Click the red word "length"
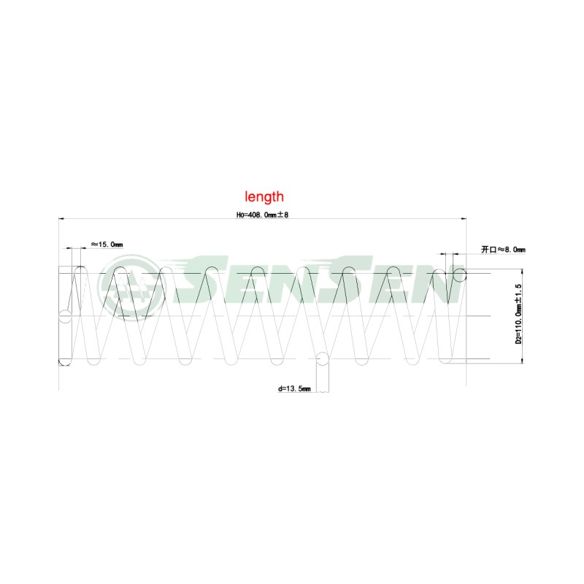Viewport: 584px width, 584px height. (264, 196)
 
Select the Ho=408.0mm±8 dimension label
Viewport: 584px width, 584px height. (262, 215)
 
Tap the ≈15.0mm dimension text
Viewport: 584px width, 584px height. (107, 245)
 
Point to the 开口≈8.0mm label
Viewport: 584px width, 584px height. (503, 249)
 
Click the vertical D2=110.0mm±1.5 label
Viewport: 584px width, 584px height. (518, 314)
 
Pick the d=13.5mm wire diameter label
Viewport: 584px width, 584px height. (294, 389)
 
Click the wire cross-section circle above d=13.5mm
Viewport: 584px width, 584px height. (323, 359)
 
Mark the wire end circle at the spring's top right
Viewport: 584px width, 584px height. (460, 275)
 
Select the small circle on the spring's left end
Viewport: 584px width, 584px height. (65, 317)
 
